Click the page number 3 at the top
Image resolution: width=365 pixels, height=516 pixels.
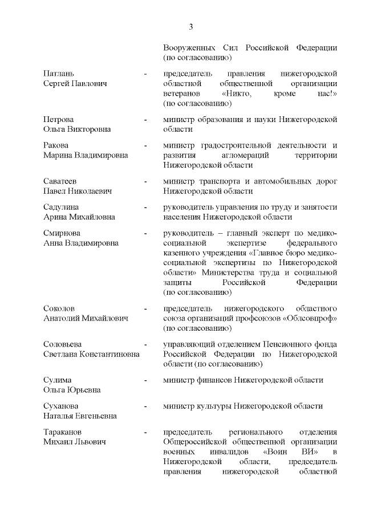(191, 27)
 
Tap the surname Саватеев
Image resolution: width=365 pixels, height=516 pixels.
(62, 181)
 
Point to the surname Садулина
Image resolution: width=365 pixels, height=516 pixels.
(62, 207)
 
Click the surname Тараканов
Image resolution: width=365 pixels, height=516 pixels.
(64, 431)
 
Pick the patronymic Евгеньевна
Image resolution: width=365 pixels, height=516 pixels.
(92, 416)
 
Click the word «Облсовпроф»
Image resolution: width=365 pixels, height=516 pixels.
(311, 318)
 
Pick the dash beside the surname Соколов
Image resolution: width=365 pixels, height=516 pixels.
(146, 308)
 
